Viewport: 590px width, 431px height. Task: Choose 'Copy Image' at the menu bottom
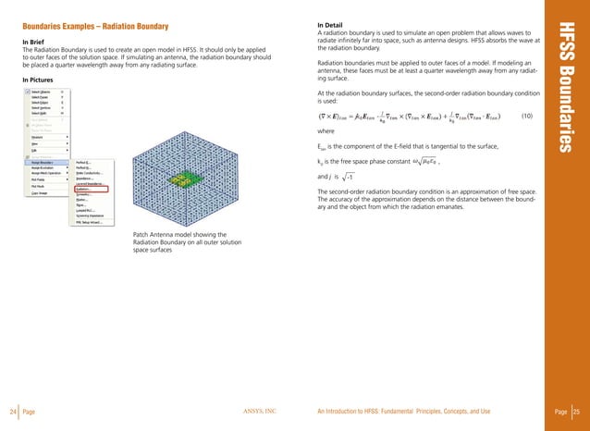[45, 192]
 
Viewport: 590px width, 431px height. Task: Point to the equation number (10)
[526, 116]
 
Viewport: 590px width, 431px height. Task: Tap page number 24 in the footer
[12, 411]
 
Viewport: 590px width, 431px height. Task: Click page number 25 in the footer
[577, 411]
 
